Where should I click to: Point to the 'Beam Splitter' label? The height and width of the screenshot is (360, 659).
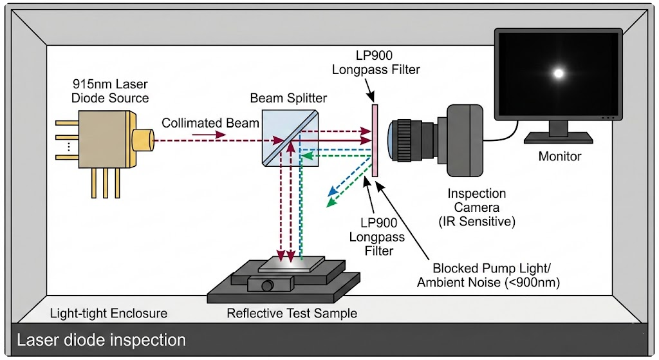coord(288,99)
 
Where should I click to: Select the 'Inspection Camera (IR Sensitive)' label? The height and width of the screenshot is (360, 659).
coord(476,207)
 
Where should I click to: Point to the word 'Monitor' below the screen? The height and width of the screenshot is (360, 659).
coord(559,156)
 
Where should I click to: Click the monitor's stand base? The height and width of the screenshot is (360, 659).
coord(559,137)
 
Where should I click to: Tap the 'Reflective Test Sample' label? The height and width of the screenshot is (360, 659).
coord(292,314)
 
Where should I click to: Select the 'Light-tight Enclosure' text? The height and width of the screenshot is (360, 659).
coord(109,314)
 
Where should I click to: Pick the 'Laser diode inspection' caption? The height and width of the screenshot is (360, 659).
coord(101,339)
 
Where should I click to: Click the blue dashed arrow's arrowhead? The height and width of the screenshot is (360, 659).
coord(329,193)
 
